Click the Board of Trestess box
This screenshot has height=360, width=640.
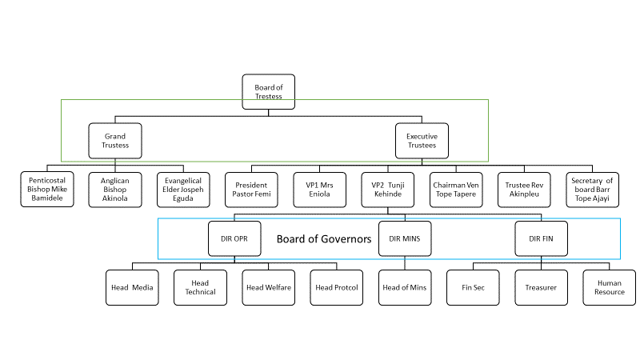(x=269, y=92)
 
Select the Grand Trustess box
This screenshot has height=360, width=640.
(x=115, y=141)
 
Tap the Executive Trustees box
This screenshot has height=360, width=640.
(x=422, y=141)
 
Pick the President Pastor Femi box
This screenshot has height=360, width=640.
(x=252, y=189)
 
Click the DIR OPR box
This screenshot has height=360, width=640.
(x=235, y=238)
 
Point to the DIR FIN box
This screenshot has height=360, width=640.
(x=542, y=238)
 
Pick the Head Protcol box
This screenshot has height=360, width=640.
(x=337, y=287)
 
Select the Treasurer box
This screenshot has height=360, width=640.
(x=541, y=287)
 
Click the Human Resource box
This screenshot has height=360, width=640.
(x=610, y=287)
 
